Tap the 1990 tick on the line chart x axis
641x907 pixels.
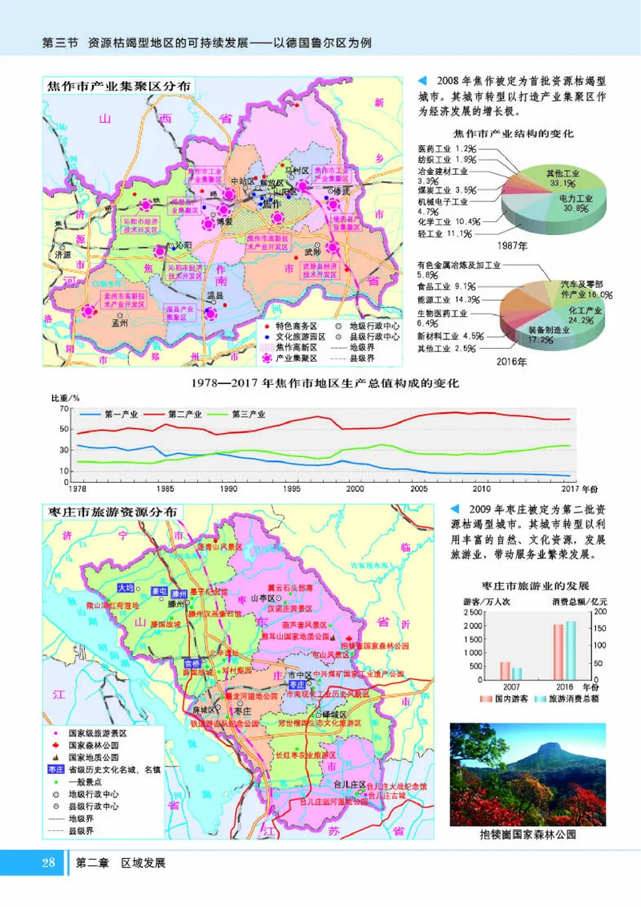point(228,488)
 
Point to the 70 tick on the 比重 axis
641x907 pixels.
point(64,409)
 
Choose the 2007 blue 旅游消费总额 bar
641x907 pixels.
point(517,673)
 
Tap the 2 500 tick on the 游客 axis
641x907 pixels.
point(471,611)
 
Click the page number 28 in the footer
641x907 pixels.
point(48,863)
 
